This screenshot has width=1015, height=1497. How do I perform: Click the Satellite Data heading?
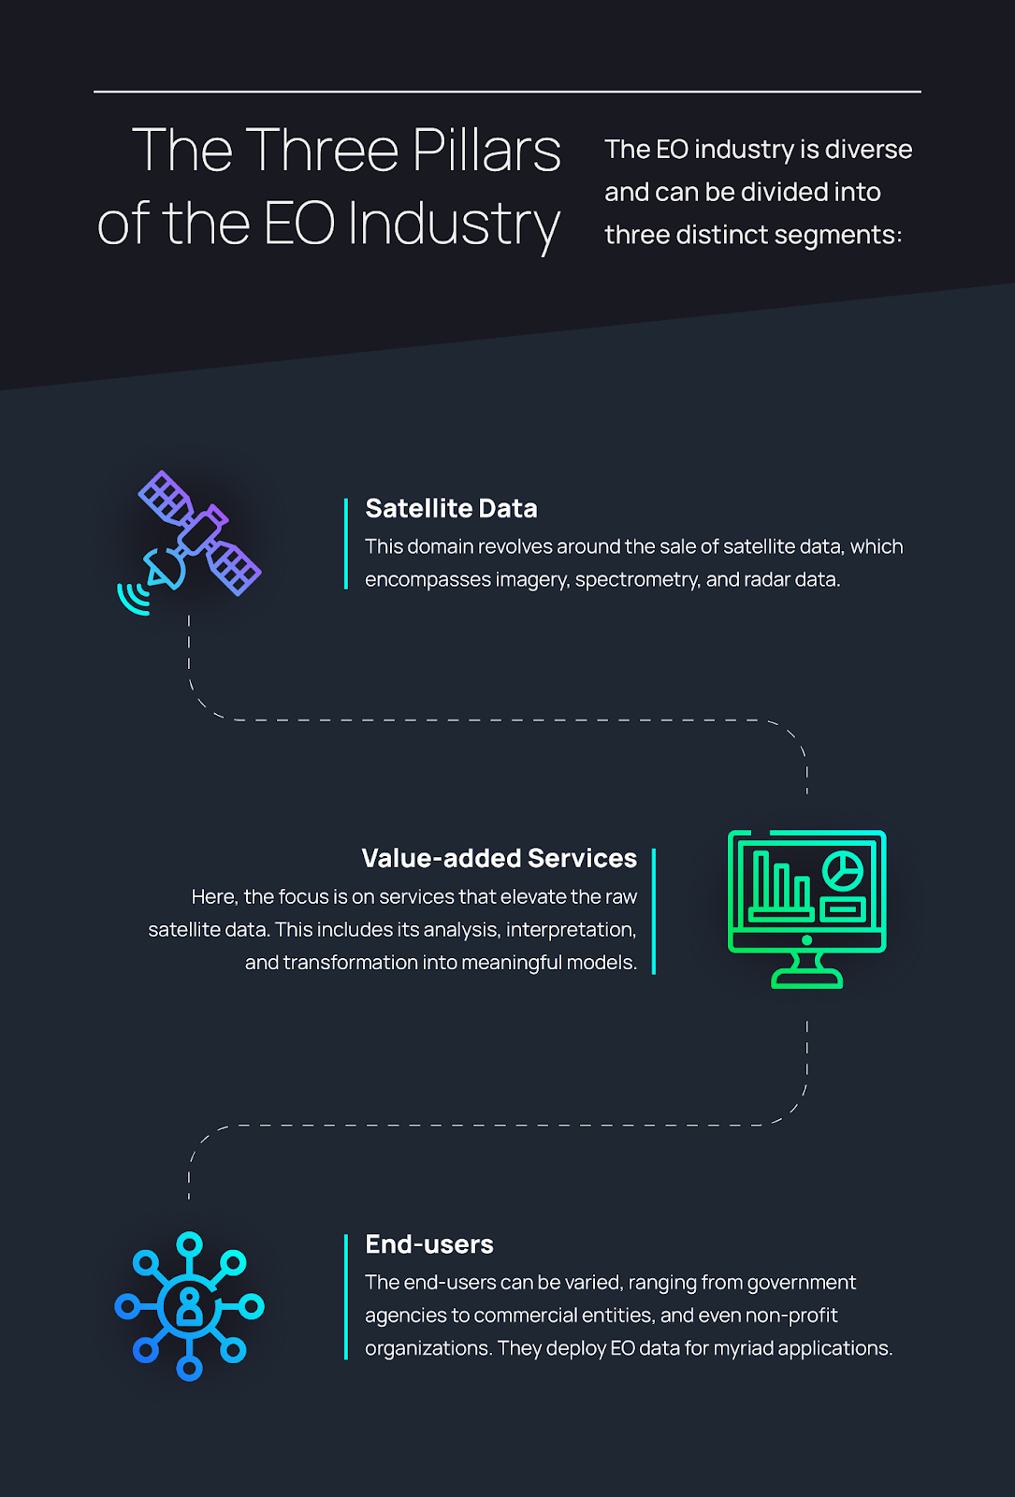coord(451,508)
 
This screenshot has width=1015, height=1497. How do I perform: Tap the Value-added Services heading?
coord(499,858)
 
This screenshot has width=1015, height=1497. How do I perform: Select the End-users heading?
coord(429,1244)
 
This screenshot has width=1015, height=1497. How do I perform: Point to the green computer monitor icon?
coord(806,908)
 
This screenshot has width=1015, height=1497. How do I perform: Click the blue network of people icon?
coord(190,1305)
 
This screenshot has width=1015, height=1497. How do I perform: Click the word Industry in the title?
coord(454,225)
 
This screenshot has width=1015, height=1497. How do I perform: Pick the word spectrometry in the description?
coord(636,580)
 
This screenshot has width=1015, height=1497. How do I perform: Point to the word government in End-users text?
coord(802,1283)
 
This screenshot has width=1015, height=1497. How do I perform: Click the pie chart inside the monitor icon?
coord(843,870)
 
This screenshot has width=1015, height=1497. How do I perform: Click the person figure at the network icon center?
coord(190,1306)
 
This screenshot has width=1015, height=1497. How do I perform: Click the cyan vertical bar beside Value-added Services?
coord(654,911)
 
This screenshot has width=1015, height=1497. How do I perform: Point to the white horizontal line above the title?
coord(507,92)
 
